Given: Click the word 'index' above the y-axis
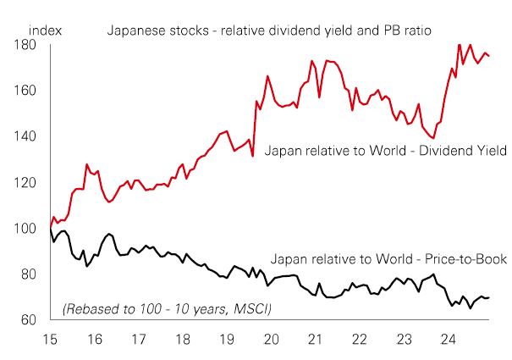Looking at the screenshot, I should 45,30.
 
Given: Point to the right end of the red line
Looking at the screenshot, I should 489,56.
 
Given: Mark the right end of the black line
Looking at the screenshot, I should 489,297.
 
